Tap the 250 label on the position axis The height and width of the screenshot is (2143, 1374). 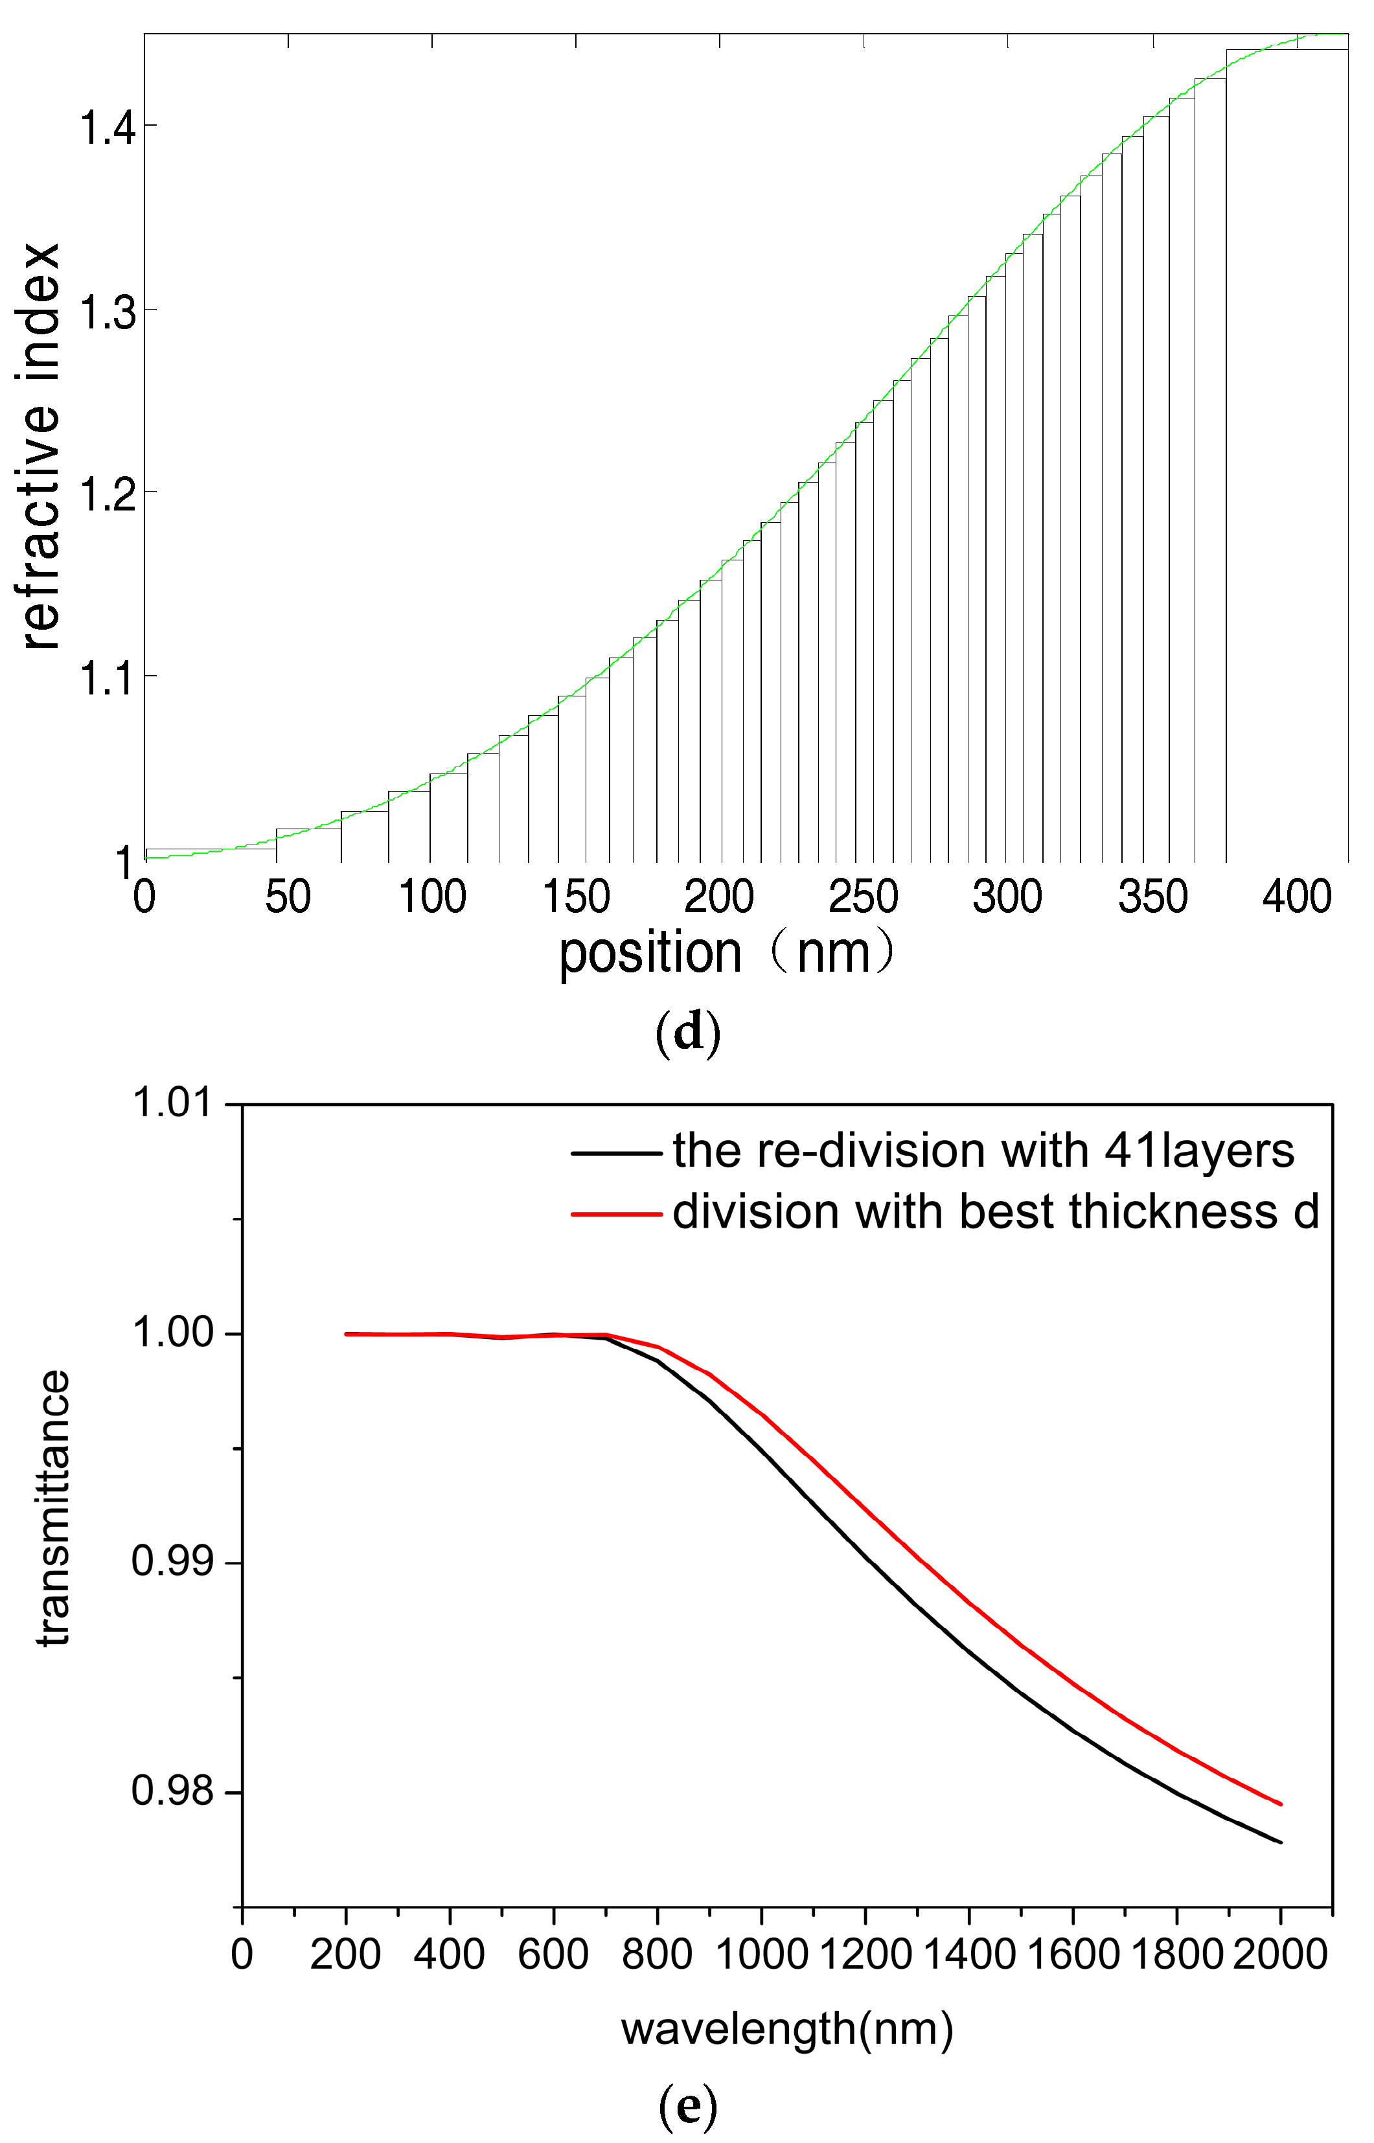click(x=863, y=897)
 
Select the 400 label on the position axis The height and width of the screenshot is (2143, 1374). click(x=1296, y=897)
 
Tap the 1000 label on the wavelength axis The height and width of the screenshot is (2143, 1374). click(x=761, y=1954)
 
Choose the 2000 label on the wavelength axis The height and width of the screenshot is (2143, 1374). click(x=1280, y=1954)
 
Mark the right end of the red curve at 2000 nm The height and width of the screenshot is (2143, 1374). click(x=1280, y=1804)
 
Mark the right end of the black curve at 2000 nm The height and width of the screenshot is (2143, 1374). click(x=1280, y=1842)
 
